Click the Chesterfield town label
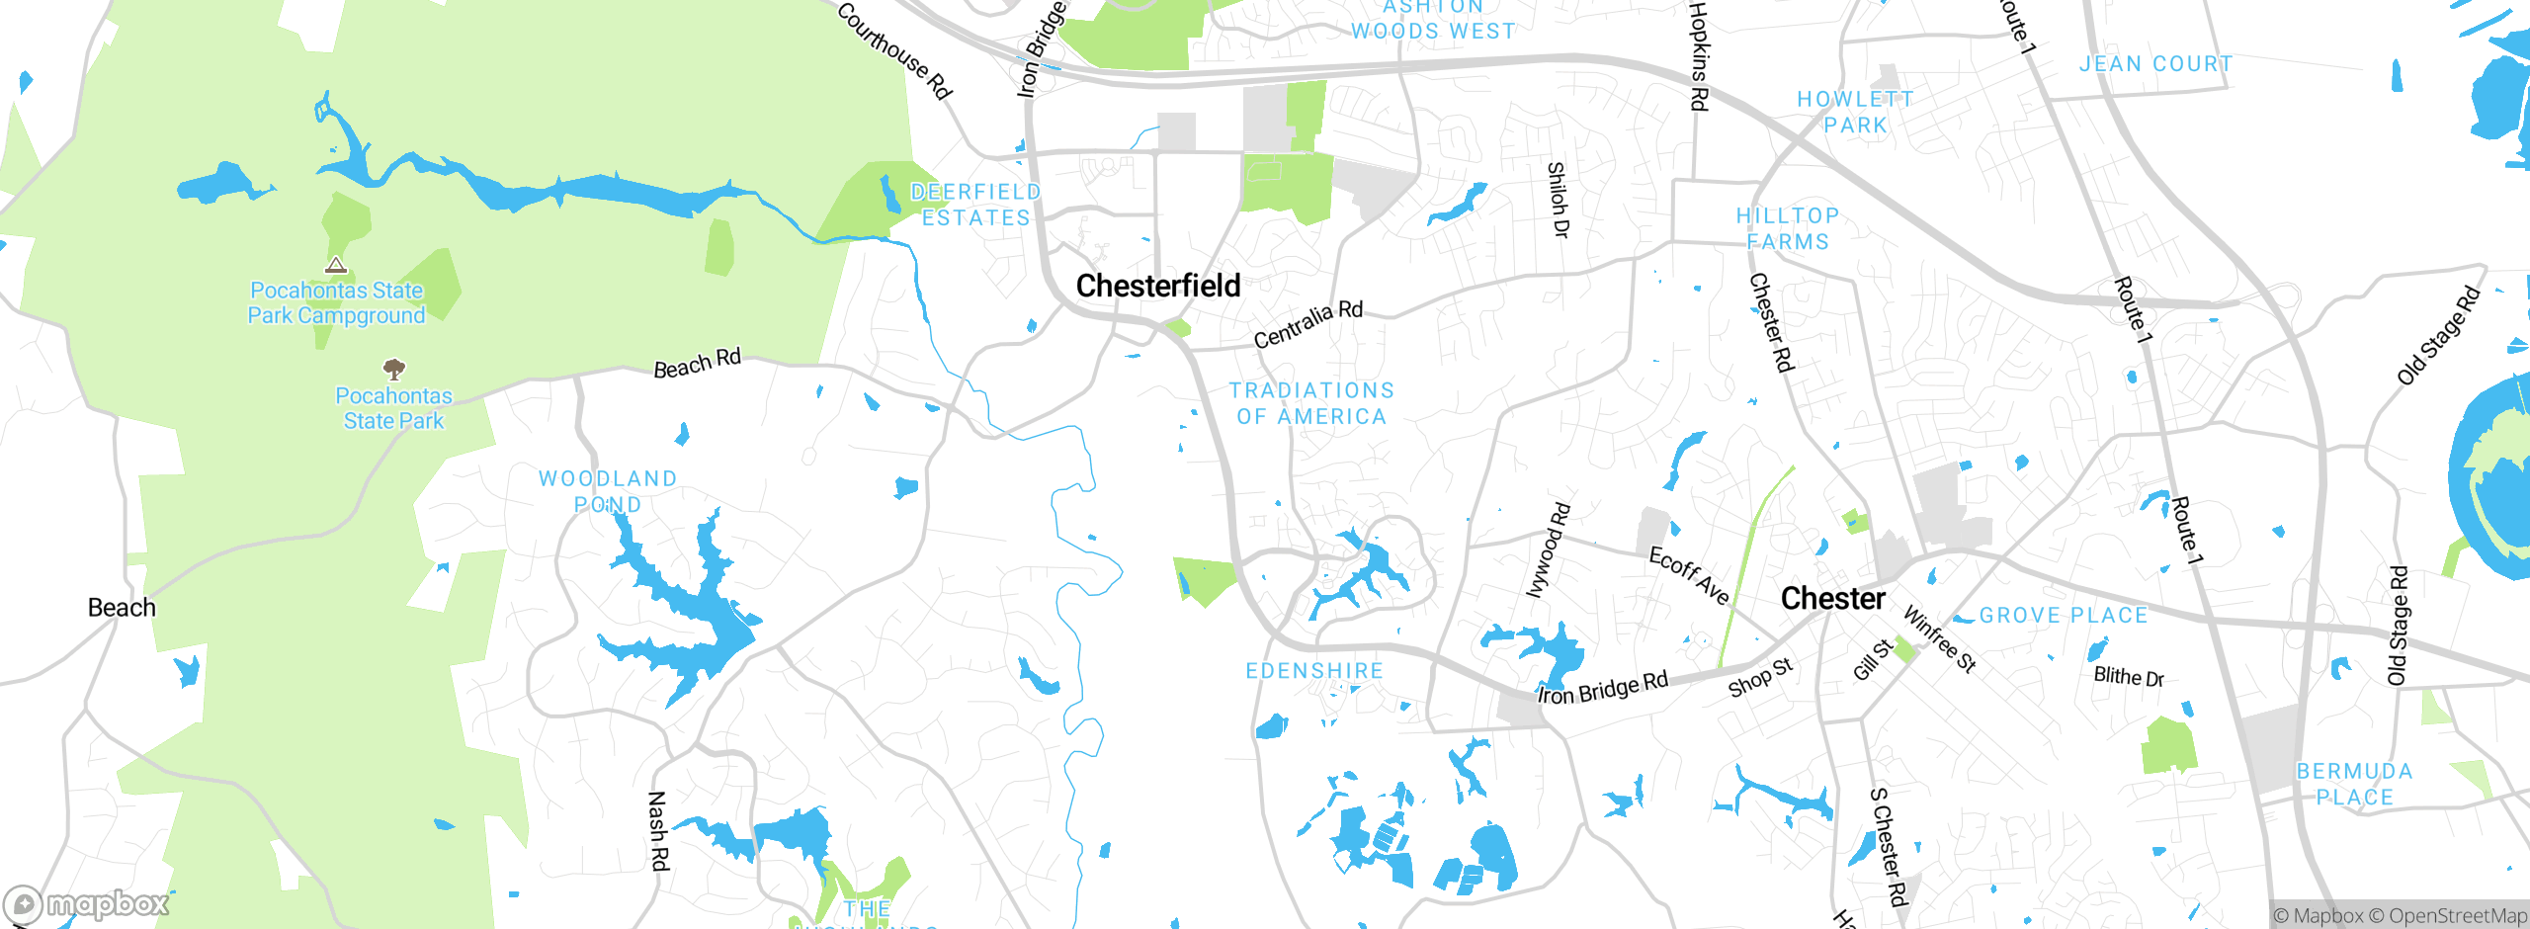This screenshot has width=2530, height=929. pyautogui.click(x=1157, y=286)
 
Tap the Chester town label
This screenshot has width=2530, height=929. pyautogui.click(x=1832, y=598)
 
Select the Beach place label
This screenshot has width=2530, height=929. pyautogui.click(x=122, y=607)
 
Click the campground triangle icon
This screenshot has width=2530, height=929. pyautogui.click(x=336, y=265)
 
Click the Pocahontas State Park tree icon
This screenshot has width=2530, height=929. pyautogui.click(x=394, y=370)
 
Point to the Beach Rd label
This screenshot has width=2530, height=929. pyautogui.click(x=697, y=364)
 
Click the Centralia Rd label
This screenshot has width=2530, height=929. pyautogui.click(x=1307, y=324)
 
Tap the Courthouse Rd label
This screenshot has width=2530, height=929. pyautogui.click(x=893, y=49)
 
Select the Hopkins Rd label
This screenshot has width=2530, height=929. pyautogui.click(x=1698, y=56)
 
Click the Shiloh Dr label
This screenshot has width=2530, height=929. pyautogui.click(x=1558, y=200)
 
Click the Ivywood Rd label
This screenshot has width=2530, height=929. pyautogui.click(x=1548, y=550)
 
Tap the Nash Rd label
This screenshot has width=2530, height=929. pyautogui.click(x=658, y=830)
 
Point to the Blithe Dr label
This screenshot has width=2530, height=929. pyautogui.click(x=2129, y=677)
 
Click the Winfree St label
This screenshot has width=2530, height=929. pyautogui.click(x=1939, y=639)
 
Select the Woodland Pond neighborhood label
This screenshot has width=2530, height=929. pyautogui.click(x=608, y=491)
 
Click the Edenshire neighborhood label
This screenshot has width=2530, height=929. pyautogui.click(x=1314, y=671)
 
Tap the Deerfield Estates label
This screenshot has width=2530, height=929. pyautogui.click(x=975, y=205)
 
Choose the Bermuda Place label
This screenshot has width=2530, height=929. pyautogui.click(x=2354, y=784)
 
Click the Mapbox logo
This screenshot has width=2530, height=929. pyautogui.click(x=87, y=903)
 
